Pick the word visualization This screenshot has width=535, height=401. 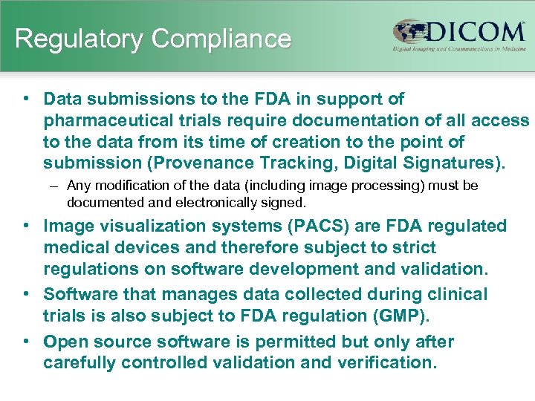click(x=152, y=226)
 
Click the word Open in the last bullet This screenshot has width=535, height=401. click(x=65, y=342)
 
